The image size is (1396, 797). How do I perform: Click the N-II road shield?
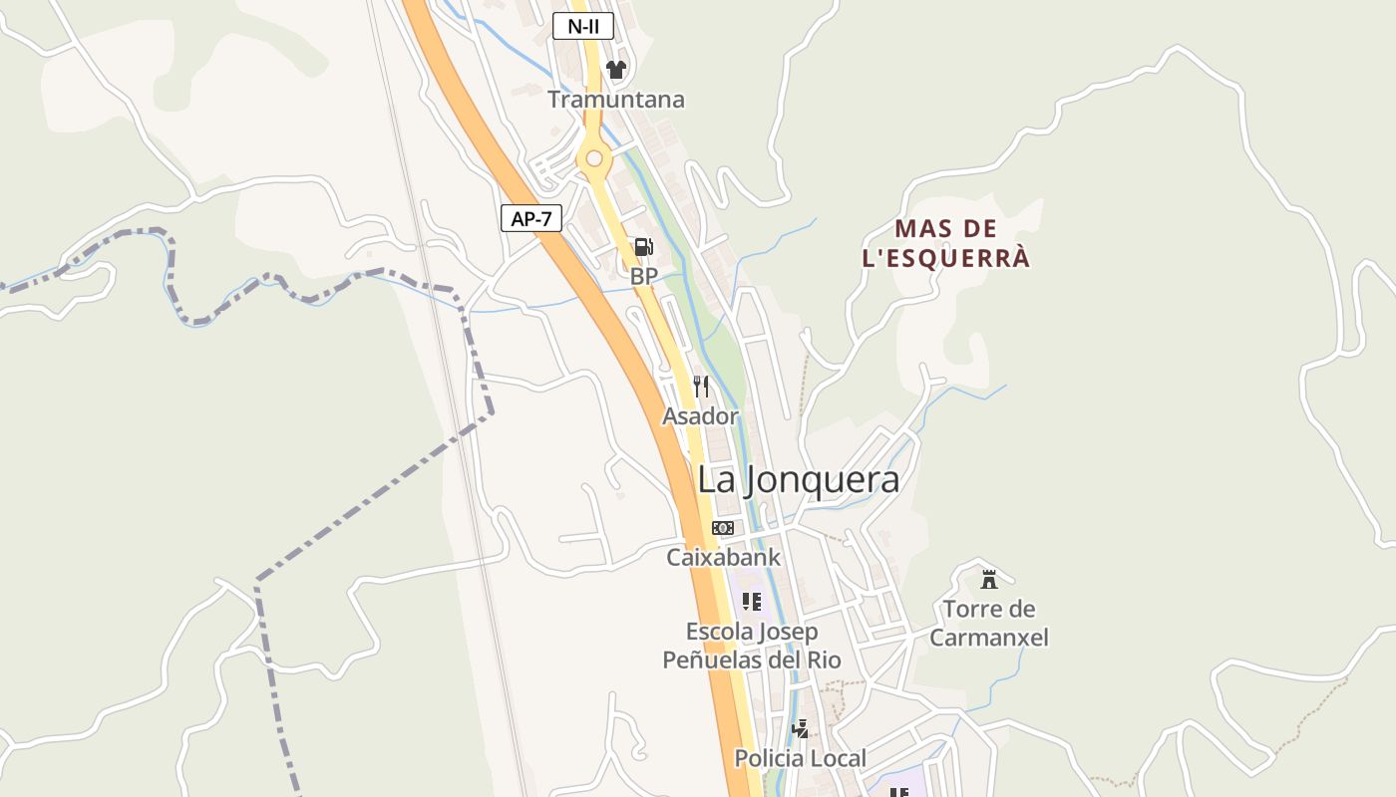click(x=583, y=26)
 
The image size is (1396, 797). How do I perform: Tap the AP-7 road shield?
click(x=530, y=218)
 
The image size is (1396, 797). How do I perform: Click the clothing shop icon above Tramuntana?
click(x=616, y=70)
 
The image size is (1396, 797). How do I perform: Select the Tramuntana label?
click(x=616, y=100)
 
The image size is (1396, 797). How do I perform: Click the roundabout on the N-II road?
click(x=594, y=158)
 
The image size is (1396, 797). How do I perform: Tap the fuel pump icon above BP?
click(x=644, y=247)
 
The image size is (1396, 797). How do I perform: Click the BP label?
click(x=644, y=276)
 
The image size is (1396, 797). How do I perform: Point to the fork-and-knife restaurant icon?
click(x=701, y=387)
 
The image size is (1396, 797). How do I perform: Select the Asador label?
click(x=701, y=416)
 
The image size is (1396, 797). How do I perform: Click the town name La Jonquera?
click(x=798, y=479)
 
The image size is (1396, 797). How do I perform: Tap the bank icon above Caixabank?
click(x=723, y=528)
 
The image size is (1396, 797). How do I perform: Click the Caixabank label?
click(x=724, y=558)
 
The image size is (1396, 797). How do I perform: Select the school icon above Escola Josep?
click(x=752, y=602)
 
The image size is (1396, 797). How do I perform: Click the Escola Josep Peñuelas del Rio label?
click(x=752, y=646)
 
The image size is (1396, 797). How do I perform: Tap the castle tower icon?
click(x=989, y=579)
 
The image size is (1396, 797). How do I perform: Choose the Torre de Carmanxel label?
click(x=989, y=623)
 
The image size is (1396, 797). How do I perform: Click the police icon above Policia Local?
click(x=800, y=729)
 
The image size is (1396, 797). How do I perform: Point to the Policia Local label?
click(x=800, y=758)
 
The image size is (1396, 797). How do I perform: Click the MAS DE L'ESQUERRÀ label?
click(x=945, y=243)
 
